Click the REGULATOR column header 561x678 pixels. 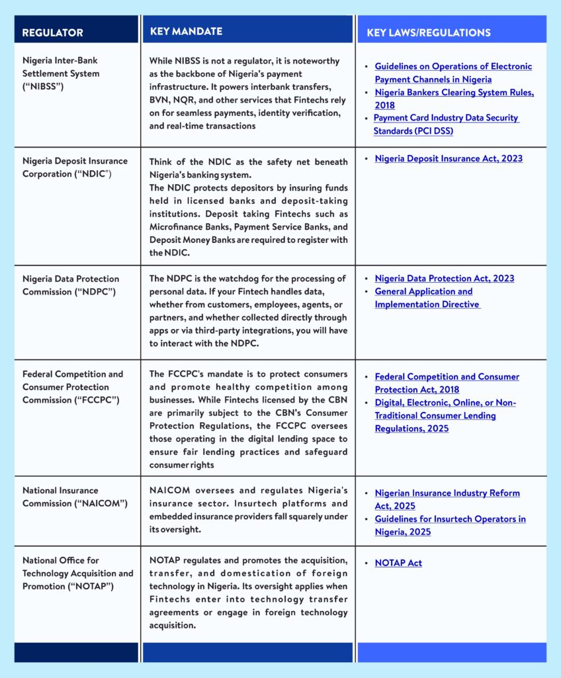click(53, 32)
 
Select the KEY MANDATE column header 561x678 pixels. click(186, 31)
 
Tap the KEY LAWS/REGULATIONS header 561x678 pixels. click(429, 32)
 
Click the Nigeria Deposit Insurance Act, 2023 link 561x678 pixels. click(449, 158)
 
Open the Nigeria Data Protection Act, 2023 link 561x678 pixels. click(444, 278)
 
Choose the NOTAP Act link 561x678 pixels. click(398, 563)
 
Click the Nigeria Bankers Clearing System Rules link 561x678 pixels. click(454, 99)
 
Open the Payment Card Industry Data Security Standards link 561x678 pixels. click(446, 124)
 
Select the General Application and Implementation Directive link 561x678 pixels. click(427, 298)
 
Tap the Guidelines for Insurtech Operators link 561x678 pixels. click(450, 525)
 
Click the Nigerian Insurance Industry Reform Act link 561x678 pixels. click(447, 499)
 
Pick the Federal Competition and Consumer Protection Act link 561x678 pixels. click(447, 383)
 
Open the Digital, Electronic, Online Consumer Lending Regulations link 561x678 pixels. click(445, 415)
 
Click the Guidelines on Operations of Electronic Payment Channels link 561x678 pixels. click(453, 73)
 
